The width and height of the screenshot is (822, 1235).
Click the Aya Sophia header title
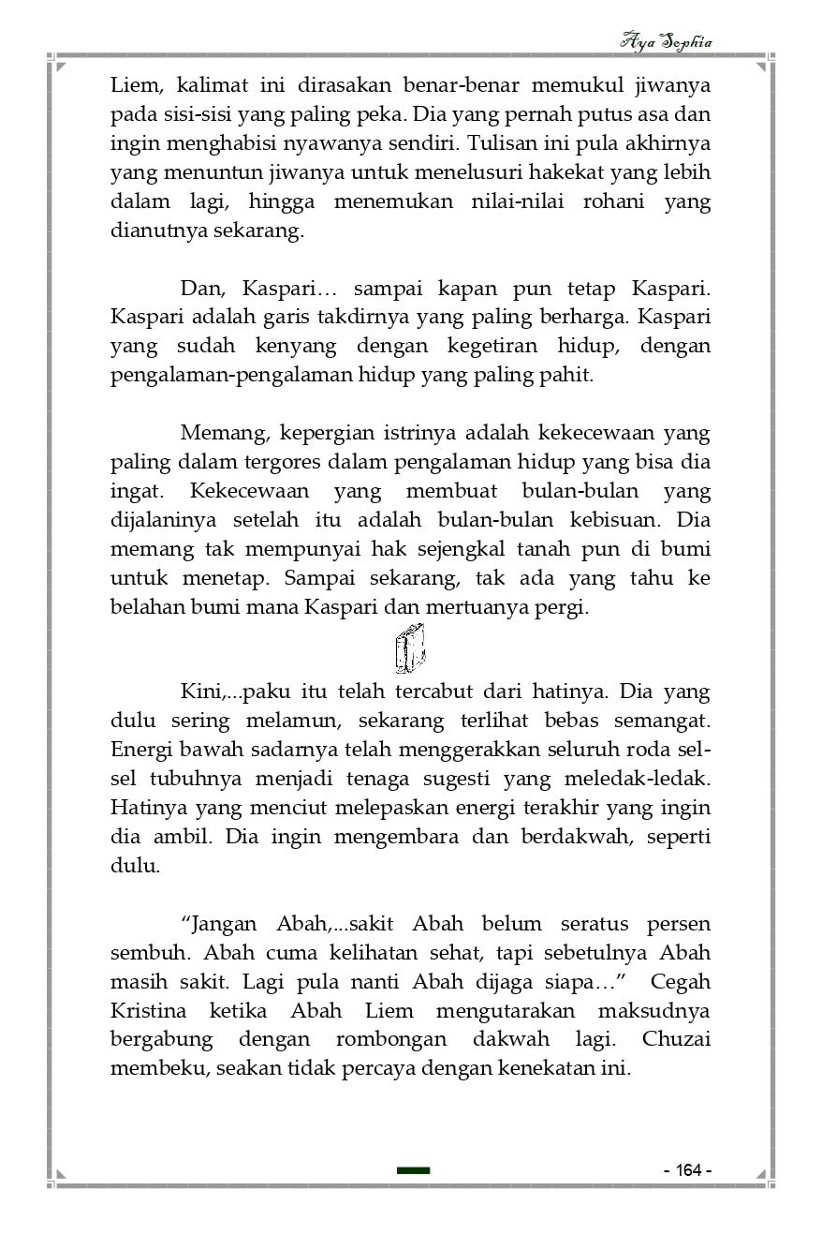coord(666,42)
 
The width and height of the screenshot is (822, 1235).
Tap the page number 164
coord(688,1170)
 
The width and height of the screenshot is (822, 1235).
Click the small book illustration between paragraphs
coord(409,647)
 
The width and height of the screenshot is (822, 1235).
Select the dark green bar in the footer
coord(413,1170)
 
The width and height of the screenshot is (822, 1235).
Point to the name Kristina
coord(149,1011)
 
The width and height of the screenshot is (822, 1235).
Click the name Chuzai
coord(676,1040)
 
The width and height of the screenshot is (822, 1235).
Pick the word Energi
coord(139,750)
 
